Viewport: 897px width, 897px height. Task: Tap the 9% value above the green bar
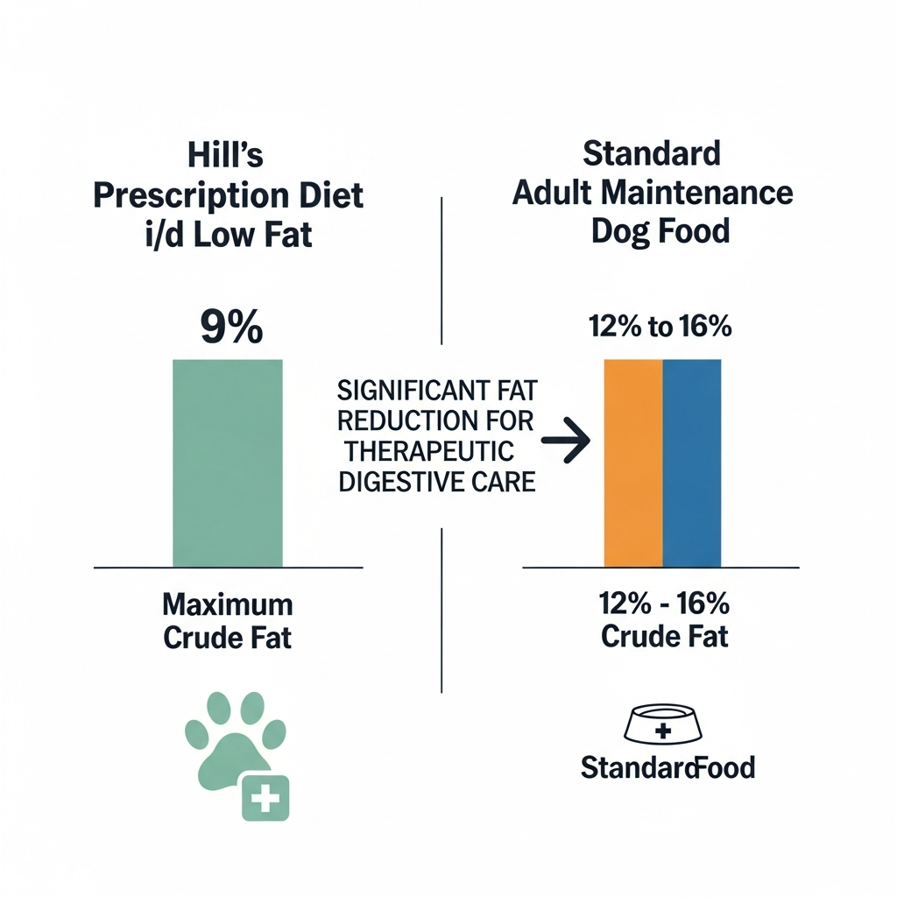point(230,328)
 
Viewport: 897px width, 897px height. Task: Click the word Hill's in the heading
point(226,157)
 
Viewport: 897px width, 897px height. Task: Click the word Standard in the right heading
point(652,153)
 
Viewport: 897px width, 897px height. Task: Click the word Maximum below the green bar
point(228,604)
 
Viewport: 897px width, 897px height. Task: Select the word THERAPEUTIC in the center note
point(427,450)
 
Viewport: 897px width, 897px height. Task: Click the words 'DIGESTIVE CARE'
point(436,481)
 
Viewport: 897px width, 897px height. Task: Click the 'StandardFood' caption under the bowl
point(667,768)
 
